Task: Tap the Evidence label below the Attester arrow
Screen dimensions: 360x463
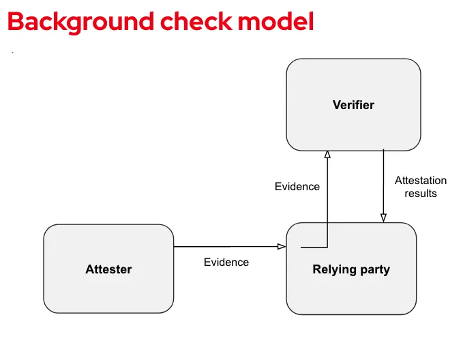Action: point(226,262)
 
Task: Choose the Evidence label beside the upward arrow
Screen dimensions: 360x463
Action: point(297,186)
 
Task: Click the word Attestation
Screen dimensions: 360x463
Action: point(421,181)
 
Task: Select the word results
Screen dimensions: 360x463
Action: point(421,193)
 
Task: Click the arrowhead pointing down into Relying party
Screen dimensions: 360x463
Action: point(383,217)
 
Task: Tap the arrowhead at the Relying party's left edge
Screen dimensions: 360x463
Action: point(281,247)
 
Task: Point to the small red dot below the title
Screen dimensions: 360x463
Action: point(12,52)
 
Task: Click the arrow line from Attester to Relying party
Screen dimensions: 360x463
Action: point(225,247)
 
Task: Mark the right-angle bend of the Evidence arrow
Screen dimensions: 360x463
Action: point(327,247)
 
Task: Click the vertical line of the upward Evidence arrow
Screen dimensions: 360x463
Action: point(327,205)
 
